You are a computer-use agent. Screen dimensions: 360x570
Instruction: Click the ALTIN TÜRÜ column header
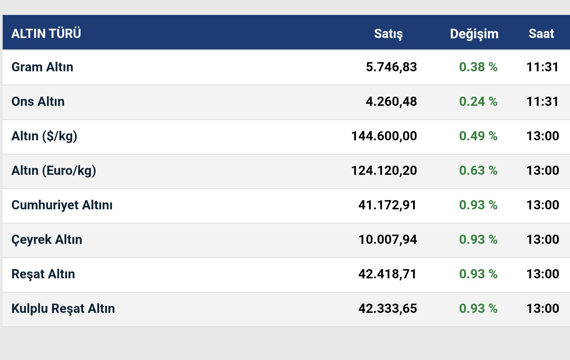pos(46,34)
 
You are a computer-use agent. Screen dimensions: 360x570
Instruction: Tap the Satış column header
pos(388,34)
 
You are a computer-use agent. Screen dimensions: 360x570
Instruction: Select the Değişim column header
pos(474,34)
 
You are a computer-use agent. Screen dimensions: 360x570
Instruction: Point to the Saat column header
pos(541,34)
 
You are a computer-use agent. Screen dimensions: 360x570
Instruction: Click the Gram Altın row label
pos(42,67)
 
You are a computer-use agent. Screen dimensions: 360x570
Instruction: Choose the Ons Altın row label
pos(38,102)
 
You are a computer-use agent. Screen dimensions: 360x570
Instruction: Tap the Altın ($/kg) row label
pos(44,136)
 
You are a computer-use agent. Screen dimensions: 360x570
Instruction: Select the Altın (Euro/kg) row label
pos(54,171)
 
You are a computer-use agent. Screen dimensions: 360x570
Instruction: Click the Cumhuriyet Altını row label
pos(62,205)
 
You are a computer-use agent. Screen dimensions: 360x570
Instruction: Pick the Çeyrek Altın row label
pos(47,240)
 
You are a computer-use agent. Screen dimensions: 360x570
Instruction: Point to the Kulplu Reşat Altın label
pos(63,309)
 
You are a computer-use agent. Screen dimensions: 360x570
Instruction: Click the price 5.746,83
pos(391,67)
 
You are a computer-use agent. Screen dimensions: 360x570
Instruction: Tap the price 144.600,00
pos(384,136)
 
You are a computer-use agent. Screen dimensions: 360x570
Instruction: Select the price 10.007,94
pos(387,240)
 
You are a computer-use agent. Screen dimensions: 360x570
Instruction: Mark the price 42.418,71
pos(387,274)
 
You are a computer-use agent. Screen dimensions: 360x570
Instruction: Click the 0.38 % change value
pos(478,67)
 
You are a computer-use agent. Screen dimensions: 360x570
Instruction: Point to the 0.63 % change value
pos(478,171)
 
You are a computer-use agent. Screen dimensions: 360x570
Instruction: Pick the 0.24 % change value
pos(478,102)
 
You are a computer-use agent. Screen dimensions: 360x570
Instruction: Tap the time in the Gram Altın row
pos(542,67)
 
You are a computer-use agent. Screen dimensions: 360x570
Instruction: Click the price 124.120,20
pos(384,171)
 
